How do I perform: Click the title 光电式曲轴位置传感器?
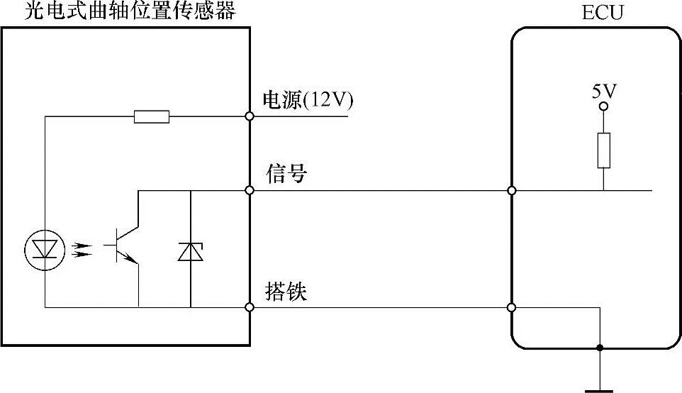[129, 11]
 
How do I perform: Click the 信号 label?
[286, 174]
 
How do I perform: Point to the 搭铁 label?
[286, 292]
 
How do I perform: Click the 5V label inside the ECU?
[603, 91]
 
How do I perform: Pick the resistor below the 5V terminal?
[603, 150]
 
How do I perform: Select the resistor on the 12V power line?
[152, 116]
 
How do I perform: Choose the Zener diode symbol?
[191, 251]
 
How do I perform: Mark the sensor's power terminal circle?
[250, 116]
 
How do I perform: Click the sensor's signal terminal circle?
[250, 190]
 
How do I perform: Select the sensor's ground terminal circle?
[250, 307]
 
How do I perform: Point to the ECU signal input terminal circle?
[512, 190]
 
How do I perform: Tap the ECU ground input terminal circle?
[512, 307]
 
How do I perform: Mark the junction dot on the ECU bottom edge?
[600, 348]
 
